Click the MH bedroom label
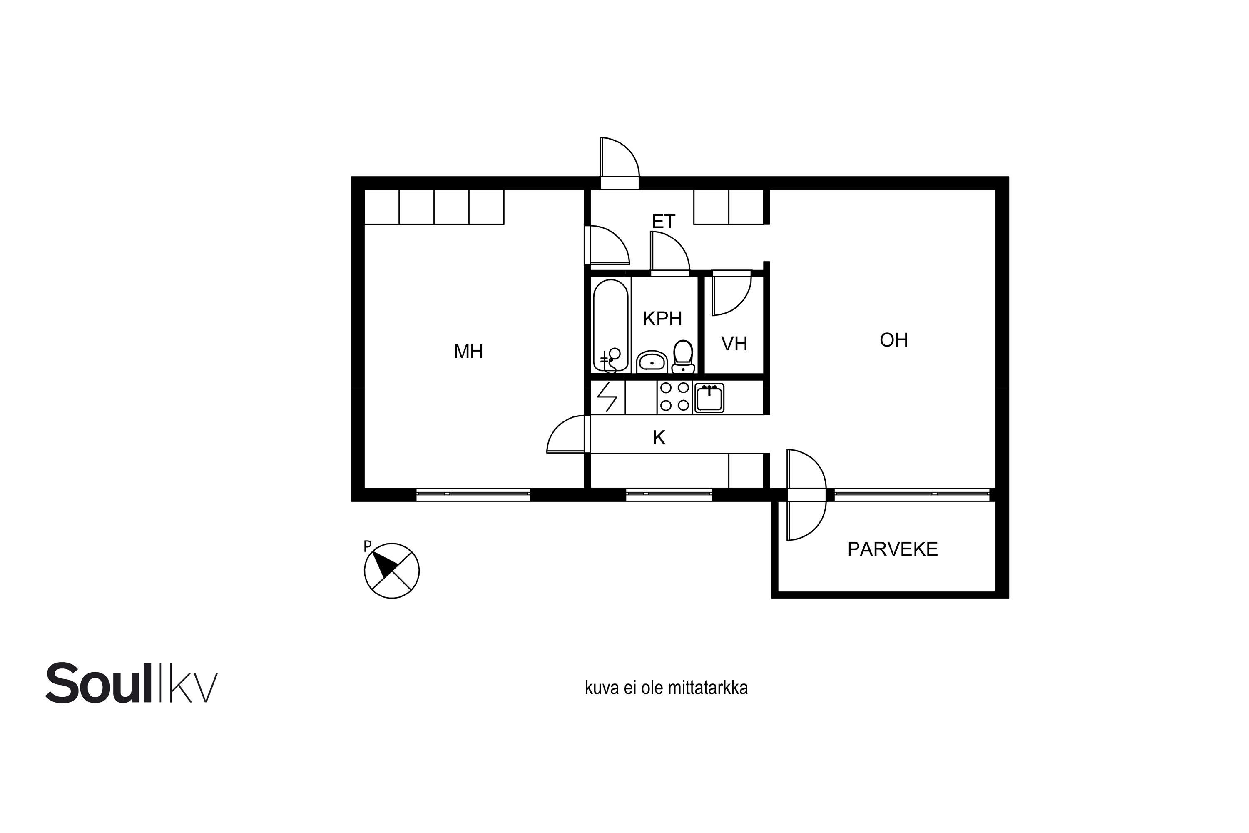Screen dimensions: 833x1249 (468, 352)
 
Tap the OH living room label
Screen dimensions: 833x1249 (894, 340)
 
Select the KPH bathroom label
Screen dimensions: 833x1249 (662, 319)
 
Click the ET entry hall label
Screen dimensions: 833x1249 (663, 221)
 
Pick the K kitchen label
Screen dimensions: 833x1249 (659, 438)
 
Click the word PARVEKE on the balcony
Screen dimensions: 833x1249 (893, 549)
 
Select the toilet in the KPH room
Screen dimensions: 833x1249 (683, 357)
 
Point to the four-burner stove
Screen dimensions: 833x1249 (674, 397)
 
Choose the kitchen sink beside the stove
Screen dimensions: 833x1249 (709, 398)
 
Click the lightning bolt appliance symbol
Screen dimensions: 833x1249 (607, 397)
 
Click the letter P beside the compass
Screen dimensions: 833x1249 (367, 546)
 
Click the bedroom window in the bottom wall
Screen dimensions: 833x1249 (473, 494)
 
